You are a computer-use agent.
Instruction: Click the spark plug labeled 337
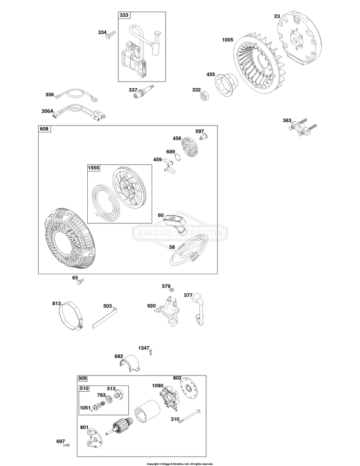pos(144,90)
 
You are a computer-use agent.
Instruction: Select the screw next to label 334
pos(112,34)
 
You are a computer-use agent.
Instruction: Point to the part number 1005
pos(228,40)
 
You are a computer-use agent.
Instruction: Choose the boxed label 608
pos(45,129)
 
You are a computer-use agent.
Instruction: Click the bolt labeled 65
pos(80,281)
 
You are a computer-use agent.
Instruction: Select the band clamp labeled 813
pos(71,316)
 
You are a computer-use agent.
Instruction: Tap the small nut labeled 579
pos(172,290)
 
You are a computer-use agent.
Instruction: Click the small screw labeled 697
pos(67,445)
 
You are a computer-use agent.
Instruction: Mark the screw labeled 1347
pos(151,352)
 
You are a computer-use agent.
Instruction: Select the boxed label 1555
pos(94,168)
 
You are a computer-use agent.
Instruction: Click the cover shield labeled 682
pos(130,363)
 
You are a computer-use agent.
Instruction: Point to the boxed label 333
pos(125,15)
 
